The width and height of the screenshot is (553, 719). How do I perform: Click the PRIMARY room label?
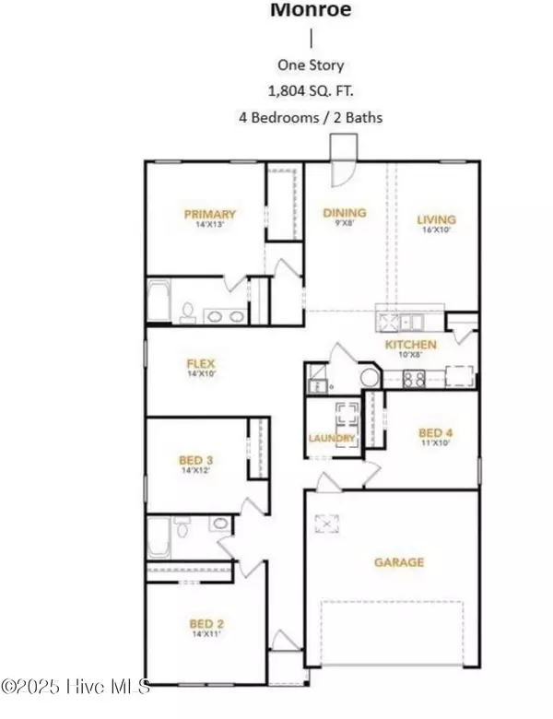(x=211, y=214)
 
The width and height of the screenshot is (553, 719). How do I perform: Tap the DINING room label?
(x=344, y=213)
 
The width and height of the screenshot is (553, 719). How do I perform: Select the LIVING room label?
(x=436, y=219)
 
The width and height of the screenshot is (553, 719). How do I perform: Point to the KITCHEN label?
(x=410, y=345)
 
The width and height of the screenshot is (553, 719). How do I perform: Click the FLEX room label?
(x=200, y=363)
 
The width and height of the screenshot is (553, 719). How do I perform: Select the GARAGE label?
(x=398, y=561)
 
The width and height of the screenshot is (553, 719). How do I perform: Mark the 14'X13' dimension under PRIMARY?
(x=211, y=225)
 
